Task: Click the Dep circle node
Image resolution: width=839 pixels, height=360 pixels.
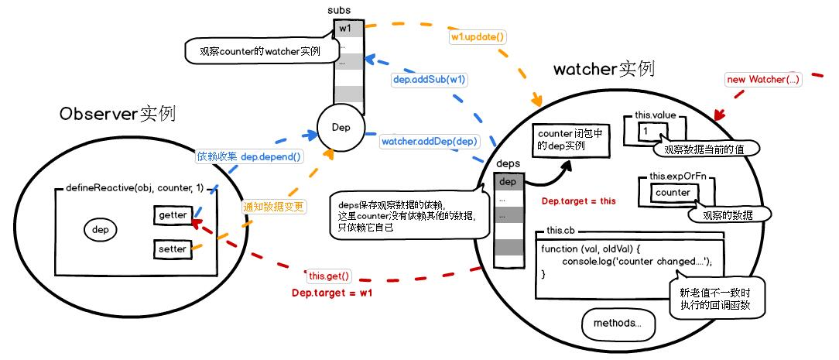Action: click(x=341, y=127)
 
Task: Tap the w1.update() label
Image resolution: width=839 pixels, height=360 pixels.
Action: click(x=478, y=36)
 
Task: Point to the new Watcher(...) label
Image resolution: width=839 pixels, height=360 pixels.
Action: click(x=763, y=80)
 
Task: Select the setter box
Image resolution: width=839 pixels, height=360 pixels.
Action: click(x=172, y=249)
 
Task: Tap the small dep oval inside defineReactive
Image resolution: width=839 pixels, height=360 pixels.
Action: click(x=100, y=230)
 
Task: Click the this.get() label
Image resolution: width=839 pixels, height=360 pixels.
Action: click(x=330, y=276)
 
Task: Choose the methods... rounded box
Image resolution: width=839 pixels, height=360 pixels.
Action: click(x=617, y=323)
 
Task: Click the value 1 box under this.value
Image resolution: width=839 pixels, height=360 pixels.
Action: click(x=644, y=132)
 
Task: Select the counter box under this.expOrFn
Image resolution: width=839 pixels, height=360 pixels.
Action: click(x=672, y=192)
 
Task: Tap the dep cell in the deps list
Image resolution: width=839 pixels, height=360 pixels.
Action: click(x=507, y=182)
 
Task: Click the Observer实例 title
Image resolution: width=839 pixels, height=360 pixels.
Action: click(x=117, y=114)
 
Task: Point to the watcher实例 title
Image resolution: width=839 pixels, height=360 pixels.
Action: click(x=604, y=69)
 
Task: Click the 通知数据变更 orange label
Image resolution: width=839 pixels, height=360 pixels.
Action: click(x=273, y=207)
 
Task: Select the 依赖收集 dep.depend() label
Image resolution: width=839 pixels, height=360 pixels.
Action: click(x=249, y=156)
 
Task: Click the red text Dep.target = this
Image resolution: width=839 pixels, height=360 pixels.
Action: click(x=578, y=201)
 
